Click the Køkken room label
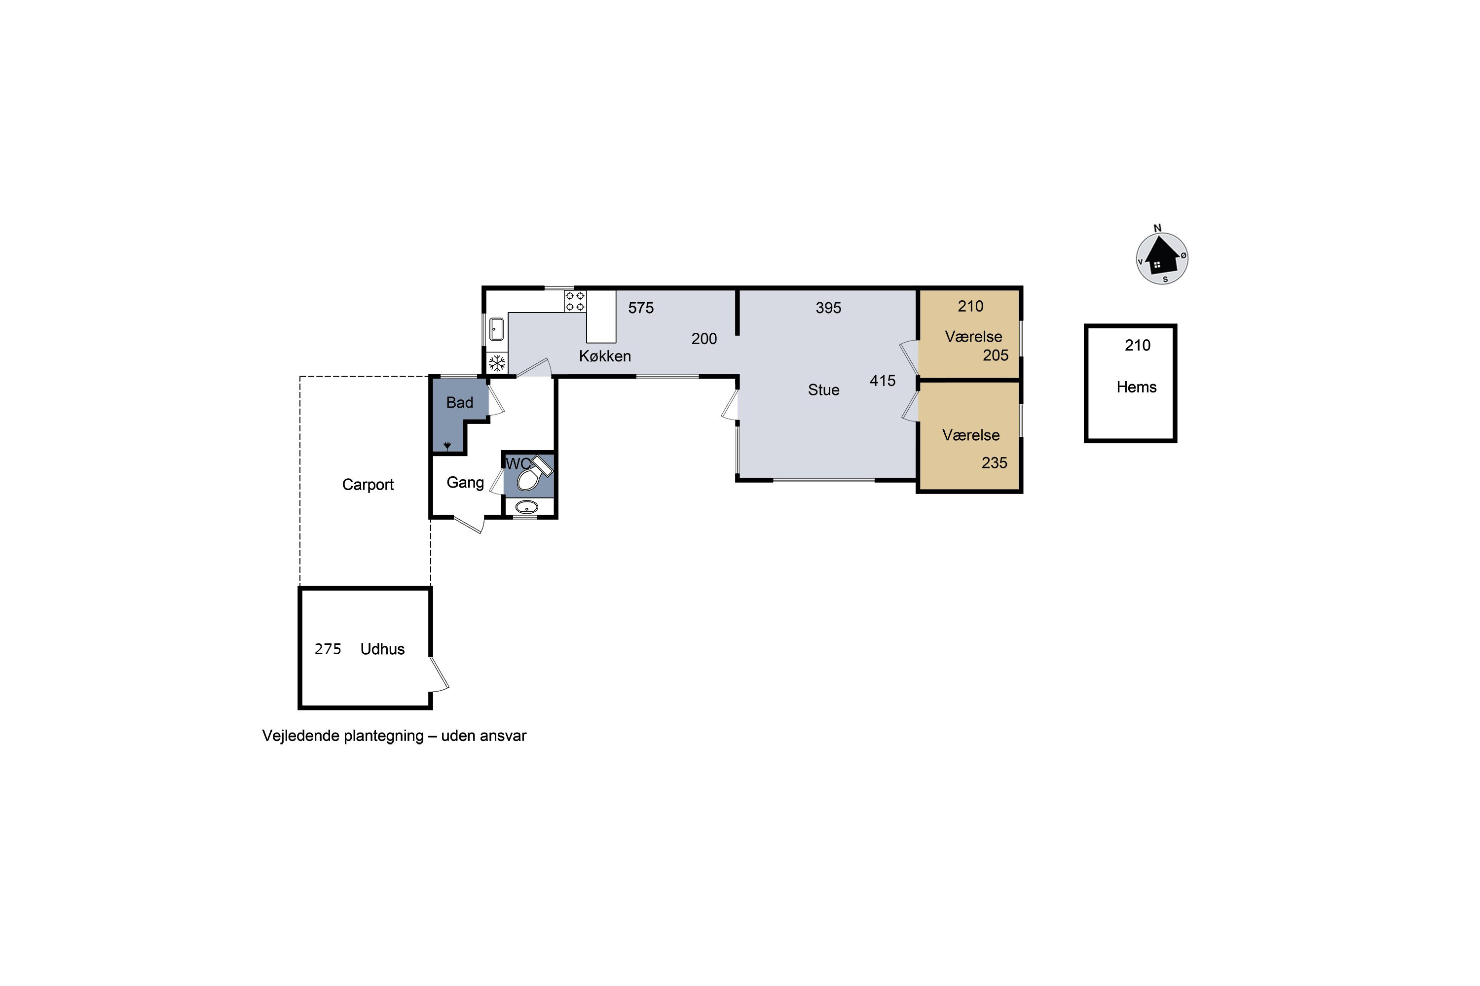click(605, 356)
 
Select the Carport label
click(368, 485)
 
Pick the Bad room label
click(459, 402)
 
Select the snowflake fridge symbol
click(497, 363)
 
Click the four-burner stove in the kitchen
click(575, 301)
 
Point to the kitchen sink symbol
click(496, 329)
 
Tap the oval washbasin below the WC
click(527, 507)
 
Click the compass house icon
click(1162, 258)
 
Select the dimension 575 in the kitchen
click(640, 308)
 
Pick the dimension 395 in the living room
click(828, 308)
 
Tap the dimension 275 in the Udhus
click(328, 649)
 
